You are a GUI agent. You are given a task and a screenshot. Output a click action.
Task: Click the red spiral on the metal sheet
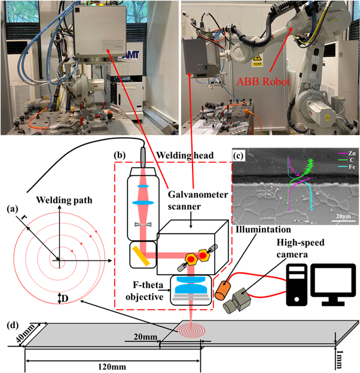pos(193,329)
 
